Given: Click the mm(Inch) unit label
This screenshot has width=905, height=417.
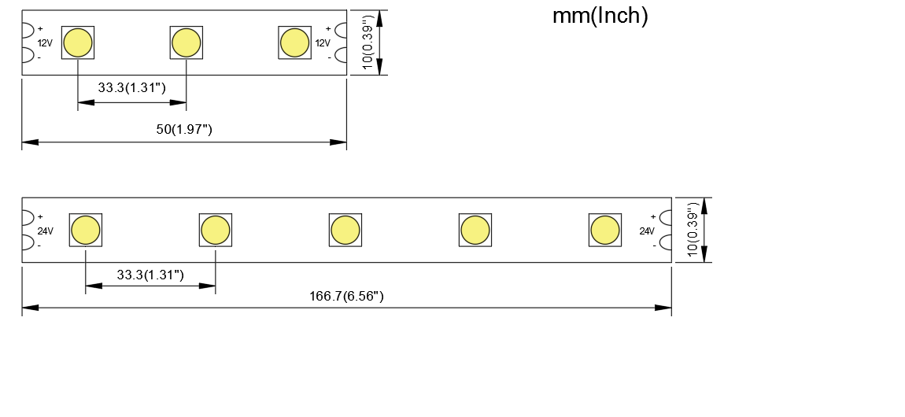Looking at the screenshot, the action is pyautogui.click(x=600, y=16).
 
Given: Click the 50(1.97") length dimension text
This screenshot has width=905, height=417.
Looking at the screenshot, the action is pyautogui.click(x=184, y=129).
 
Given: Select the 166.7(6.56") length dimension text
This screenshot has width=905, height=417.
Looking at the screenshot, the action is pyautogui.click(x=346, y=296).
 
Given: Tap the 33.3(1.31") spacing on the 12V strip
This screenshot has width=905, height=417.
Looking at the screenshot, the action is pyautogui.click(x=131, y=87).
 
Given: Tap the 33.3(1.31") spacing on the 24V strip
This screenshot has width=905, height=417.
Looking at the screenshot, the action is pyautogui.click(x=150, y=275).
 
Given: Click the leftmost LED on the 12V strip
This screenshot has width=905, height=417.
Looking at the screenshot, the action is pyautogui.click(x=77, y=42).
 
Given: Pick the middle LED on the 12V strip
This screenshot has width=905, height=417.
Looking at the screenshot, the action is pyautogui.click(x=186, y=42).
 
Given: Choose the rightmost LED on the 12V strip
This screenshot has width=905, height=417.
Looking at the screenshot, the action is pyautogui.click(x=294, y=42).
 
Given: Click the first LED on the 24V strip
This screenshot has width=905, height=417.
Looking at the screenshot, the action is pyautogui.click(x=86, y=230).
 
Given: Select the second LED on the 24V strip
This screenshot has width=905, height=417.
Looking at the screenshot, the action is pyautogui.click(x=216, y=230).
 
